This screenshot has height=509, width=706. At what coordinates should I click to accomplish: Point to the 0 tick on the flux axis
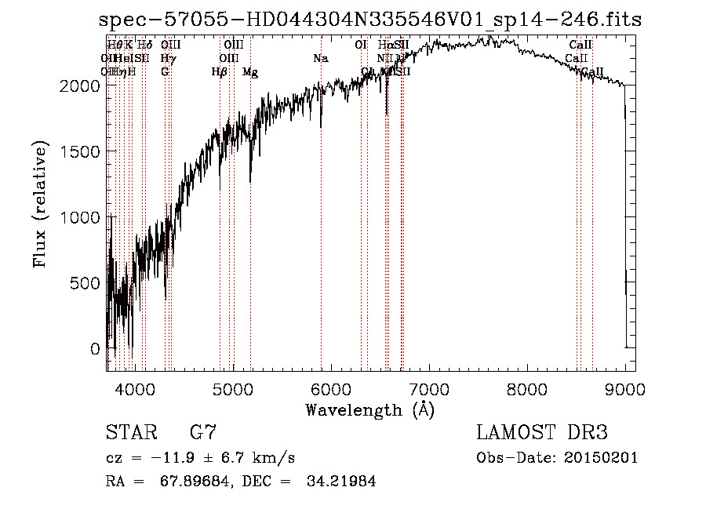point(95,348)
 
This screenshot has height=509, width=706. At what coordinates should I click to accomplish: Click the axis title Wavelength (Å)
point(369,409)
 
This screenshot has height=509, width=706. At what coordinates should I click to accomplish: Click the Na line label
point(320,59)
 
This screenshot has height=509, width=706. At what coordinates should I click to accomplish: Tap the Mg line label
point(250,72)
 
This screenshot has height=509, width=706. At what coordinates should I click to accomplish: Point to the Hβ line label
point(220,72)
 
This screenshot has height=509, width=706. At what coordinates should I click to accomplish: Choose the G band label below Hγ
point(165,72)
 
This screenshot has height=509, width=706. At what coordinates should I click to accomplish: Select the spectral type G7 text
point(202,432)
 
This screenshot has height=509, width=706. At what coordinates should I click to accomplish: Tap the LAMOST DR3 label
point(541,432)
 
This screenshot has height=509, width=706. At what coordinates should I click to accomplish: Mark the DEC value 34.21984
point(340,482)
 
